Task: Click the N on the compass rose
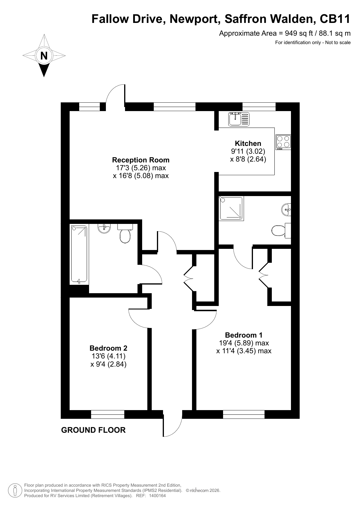coord(44,55)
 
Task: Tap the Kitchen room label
coord(248,143)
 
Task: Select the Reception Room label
coord(141,160)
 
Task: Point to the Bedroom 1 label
coord(244,335)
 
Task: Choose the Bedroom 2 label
coord(108,348)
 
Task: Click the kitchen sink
coord(239,119)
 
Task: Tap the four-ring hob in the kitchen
coord(283,142)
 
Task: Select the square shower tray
coord(231,208)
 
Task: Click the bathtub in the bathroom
coord(79,254)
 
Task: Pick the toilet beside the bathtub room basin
coord(125,233)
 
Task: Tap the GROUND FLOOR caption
coord(93,430)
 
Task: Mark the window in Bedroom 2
coord(108,414)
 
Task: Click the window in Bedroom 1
coord(244,414)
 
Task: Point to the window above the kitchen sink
coord(259,107)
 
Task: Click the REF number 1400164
coord(157,496)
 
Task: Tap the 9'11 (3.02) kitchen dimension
coord(248,151)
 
